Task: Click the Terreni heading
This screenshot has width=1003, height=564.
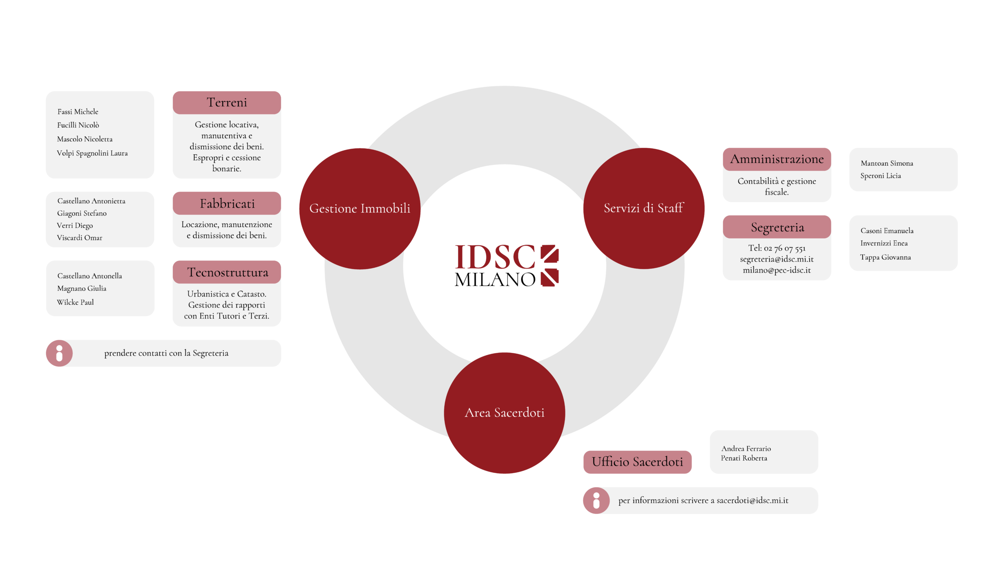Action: coord(226,103)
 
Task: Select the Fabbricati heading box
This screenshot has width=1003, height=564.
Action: coord(226,204)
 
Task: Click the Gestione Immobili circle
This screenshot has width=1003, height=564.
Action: coord(359,208)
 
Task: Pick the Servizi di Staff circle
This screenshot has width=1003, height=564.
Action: coord(643,208)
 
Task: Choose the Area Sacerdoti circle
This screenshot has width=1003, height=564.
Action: coord(504,413)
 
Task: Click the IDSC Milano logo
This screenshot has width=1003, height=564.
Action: coord(506,266)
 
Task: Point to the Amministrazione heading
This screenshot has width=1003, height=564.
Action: coord(777,159)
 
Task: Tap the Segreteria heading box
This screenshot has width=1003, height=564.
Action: coord(777,227)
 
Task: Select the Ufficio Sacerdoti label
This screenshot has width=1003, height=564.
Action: coord(637,462)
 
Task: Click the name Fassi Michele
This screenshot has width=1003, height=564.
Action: coord(78,112)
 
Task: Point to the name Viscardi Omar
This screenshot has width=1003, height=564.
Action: coord(80,238)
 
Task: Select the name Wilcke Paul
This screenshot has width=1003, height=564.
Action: coord(75,302)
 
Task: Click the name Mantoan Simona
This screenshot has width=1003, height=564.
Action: coord(887,163)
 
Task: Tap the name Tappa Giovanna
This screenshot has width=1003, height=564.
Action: coord(885,257)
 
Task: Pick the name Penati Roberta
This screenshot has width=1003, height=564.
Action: coord(744,458)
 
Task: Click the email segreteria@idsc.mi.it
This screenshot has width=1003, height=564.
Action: coord(777,259)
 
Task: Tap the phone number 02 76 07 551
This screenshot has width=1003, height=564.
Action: coord(784,248)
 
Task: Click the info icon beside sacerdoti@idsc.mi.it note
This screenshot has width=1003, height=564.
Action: coord(596,501)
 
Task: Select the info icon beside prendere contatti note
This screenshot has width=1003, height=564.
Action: coord(59,353)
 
